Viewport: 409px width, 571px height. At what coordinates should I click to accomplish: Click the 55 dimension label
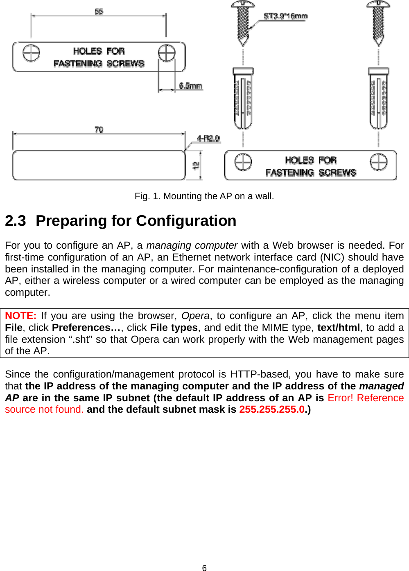point(99,11)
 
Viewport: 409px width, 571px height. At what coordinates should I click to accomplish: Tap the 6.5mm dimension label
point(190,86)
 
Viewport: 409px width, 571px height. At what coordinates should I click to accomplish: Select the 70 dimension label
point(99,130)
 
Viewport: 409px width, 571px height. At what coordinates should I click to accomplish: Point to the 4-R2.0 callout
point(208,138)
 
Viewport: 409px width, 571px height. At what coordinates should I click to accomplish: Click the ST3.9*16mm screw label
point(285,16)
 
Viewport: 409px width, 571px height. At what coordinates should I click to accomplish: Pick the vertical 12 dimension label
point(196,165)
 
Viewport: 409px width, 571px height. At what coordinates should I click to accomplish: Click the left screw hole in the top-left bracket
point(31,53)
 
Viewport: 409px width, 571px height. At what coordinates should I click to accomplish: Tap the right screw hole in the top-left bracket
point(167,53)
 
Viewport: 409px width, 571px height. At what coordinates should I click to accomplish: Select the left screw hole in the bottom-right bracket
point(243,162)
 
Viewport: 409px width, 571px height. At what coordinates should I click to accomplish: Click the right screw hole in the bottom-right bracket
point(379,162)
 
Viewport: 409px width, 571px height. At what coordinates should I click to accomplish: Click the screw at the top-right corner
point(378,22)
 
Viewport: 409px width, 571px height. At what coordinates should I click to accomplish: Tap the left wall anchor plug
point(243,98)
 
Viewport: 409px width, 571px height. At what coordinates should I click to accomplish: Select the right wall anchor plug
point(378,98)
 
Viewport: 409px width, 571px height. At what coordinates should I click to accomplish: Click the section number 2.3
point(16,221)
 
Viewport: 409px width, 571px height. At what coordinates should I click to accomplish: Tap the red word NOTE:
point(21,316)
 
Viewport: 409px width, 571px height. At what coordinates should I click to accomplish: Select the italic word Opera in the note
point(195,316)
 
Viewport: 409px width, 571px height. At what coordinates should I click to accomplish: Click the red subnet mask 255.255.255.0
point(272,409)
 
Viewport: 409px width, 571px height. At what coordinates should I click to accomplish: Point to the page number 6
point(204,568)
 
